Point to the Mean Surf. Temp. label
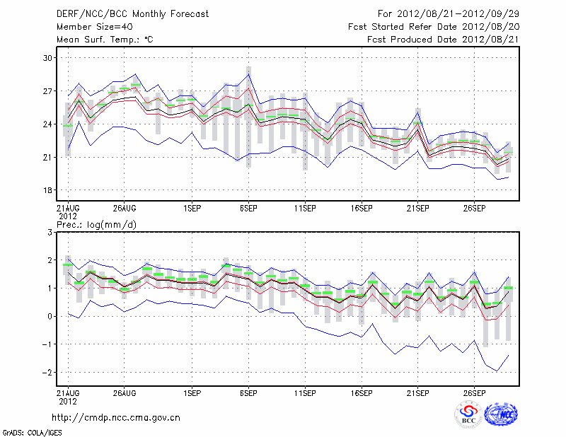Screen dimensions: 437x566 tap(104, 40)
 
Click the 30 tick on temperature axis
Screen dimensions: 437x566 tap(48, 58)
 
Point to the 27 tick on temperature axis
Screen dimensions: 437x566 tap(48, 91)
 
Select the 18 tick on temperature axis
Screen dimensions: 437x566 tap(48, 190)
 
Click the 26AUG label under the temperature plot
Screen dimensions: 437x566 tap(124, 209)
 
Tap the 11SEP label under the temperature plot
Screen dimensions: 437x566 tap(304, 209)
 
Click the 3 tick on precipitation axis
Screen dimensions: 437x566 tap(50, 233)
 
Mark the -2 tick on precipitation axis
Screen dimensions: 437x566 tap(47, 373)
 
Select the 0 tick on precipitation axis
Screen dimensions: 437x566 tap(50, 317)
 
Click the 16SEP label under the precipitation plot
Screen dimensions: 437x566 tap(361, 394)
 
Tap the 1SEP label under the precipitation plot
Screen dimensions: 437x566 tap(191, 394)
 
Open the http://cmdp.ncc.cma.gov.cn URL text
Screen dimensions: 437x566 tap(116, 417)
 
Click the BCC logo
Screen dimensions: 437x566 tap(468, 414)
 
